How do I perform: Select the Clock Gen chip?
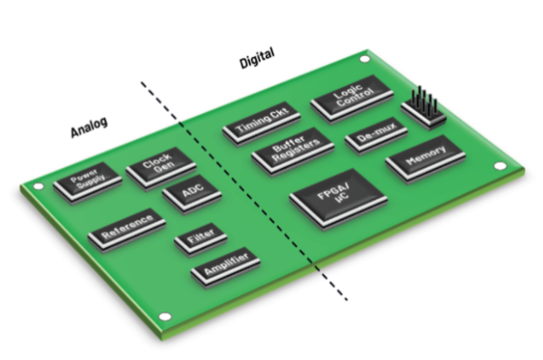[x=161, y=166]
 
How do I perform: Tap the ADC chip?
[x=189, y=194]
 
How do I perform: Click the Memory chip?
[x=424, y=163]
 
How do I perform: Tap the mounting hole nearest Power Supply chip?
[x=39, y=187]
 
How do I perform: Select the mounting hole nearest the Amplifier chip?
[x=165, y=317]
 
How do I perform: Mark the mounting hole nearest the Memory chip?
[x=497, y=165]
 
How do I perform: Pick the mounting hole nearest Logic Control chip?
[x=364, y=61]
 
